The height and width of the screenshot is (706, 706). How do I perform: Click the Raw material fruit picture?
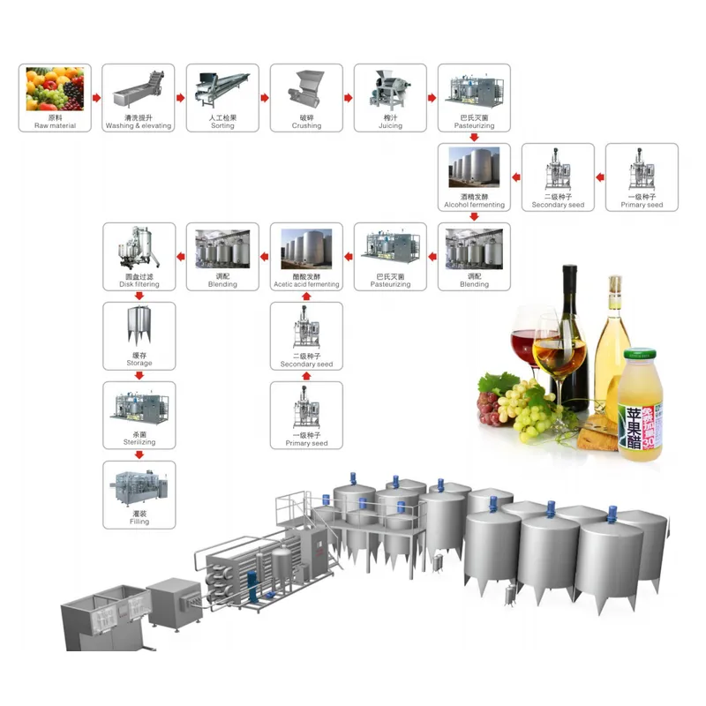tap(55, 88)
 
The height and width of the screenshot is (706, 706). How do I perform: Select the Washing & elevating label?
tap(139, 126)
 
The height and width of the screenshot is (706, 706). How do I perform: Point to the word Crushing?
tap(306, 126)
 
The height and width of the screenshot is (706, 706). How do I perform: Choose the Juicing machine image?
tap(390, 90)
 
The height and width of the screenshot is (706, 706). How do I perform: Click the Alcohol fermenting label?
tap(475, 205)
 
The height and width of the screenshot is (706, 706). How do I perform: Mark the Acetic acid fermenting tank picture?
tap(306, 249)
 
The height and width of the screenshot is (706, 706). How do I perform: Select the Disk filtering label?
tap(139, 284)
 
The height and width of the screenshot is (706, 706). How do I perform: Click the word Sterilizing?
tap(139, 442)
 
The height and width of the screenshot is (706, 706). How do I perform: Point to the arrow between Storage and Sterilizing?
tap(139, 375)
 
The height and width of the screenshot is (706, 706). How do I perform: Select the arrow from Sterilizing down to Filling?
tap(139, 454)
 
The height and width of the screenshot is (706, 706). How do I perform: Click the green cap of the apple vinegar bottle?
tap(642, 357)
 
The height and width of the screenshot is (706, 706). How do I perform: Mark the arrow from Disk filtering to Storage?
tap(139, 297)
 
